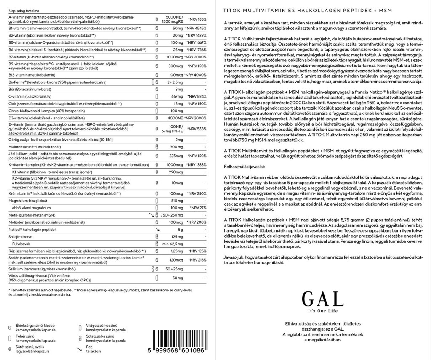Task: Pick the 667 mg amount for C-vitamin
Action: [x=176, y=97]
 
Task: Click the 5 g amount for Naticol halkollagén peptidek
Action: [x=180, y=229]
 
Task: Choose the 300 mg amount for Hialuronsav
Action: [x=176, y=147]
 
